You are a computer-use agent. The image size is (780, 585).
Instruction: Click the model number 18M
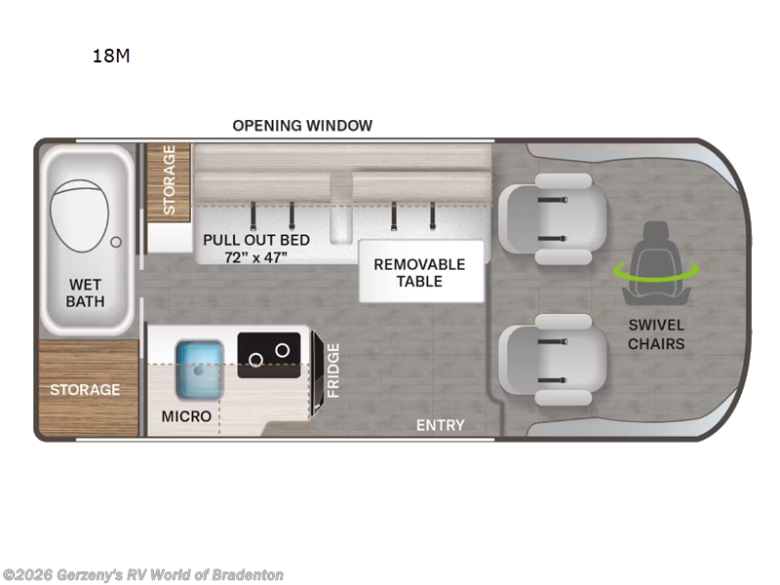click(110, 56)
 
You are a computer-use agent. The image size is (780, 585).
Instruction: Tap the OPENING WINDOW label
click(302, 125)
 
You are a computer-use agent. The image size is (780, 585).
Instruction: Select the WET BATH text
click(85, 292)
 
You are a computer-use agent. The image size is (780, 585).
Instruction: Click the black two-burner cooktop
click(270, 351)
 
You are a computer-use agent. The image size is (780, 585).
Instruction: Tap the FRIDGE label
click(333, 370)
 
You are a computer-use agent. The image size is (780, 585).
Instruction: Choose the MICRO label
click(186, 416)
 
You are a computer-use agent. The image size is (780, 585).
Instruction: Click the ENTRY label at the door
click(441, 425)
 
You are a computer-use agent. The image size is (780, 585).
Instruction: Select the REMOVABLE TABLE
click(420, 273)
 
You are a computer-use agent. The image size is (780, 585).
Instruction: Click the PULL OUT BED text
click(256, 240)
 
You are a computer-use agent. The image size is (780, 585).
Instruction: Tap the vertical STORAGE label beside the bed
click(169, 180)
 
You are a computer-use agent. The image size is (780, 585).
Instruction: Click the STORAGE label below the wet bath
click(86, 390)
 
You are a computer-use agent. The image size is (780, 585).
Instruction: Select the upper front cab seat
click(551, 220)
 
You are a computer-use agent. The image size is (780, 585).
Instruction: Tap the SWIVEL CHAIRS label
click(656, 334)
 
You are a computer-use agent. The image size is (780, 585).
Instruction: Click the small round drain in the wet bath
click(117, 240)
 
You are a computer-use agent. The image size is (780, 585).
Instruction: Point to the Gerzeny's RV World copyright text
click(143, 575)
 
